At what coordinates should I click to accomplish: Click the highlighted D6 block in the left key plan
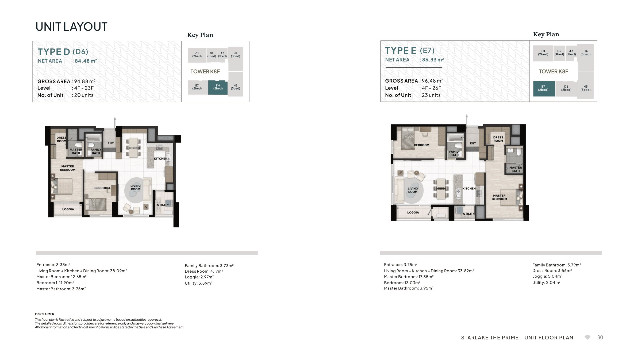(x=218, y=87)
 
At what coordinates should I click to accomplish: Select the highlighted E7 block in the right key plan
(x=544, y=88)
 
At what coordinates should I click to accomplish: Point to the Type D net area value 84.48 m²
(x=86, y=61)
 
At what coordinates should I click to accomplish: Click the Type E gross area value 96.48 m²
(x=432, y=81)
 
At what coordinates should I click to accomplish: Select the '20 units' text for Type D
(x=84, y=95)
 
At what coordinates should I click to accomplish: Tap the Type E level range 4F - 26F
(x=432, y=88)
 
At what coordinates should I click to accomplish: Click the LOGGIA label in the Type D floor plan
(x=68, y=209)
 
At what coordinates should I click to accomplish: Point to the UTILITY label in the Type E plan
(x=469, y=214)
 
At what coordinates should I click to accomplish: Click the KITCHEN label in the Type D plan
(x=160, y=159)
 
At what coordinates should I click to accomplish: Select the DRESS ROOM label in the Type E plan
(x=498, y=139)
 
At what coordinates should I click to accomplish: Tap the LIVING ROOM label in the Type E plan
(x=413, y=190)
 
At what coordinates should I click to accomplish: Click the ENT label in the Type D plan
(x=111, y=143)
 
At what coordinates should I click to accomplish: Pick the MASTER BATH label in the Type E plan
(x=516, y=169)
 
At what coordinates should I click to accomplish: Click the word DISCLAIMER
(x=45, y=314)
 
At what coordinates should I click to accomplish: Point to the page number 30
(x=600, y=337)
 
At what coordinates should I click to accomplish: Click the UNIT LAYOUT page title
(x=71, y=27)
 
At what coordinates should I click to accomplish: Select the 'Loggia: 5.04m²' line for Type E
(x=547, y=276)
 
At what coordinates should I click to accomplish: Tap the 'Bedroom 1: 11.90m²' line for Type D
(x=55, y=283)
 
